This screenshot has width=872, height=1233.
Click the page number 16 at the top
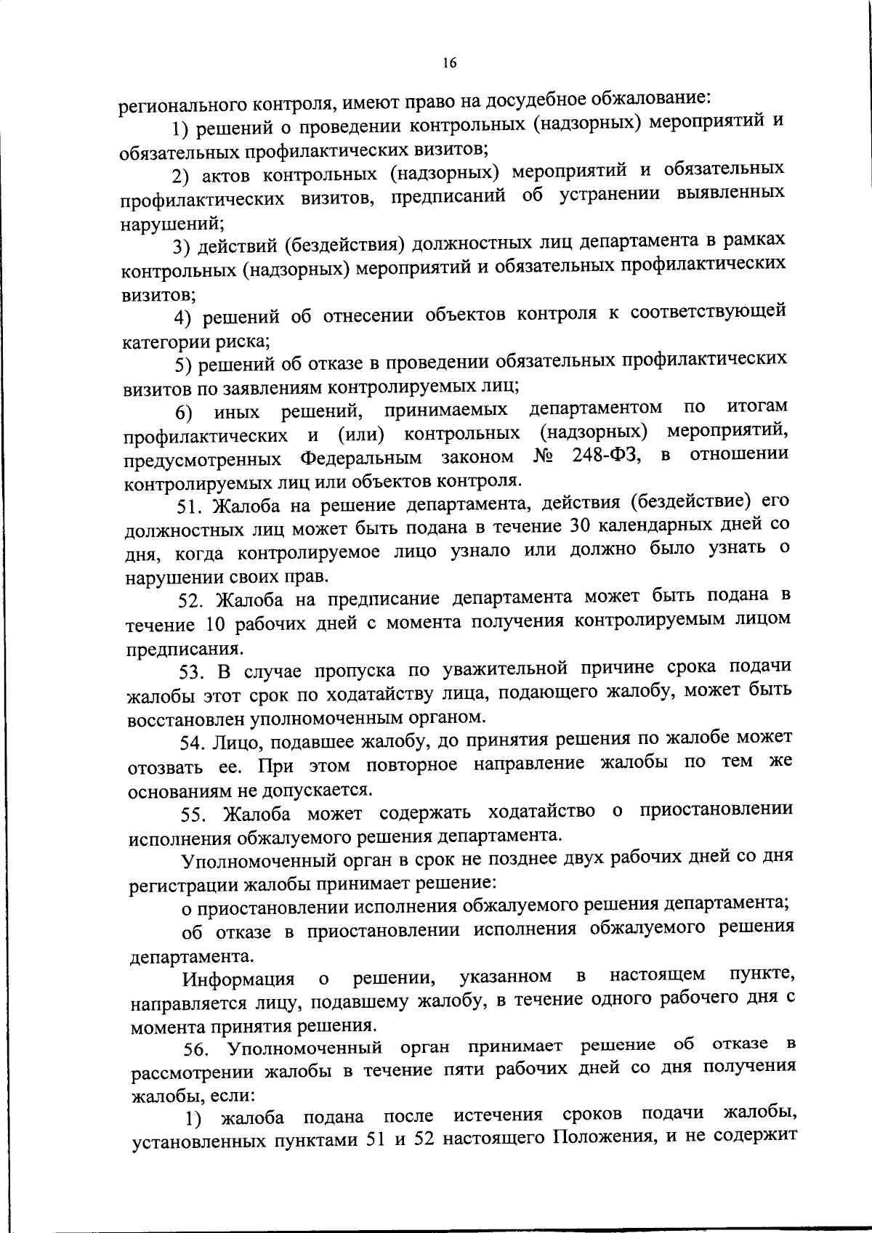coord(448,63)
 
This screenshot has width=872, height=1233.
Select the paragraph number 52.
coord(192,600)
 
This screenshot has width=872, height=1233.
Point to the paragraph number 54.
coord(193,742)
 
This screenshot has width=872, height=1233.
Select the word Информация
coord(238,979)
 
